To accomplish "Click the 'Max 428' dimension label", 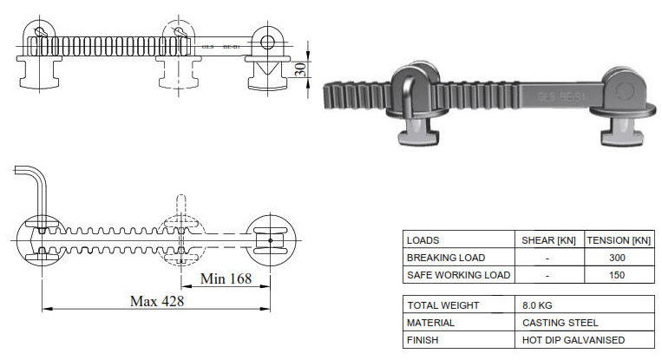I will [x=157, y=300].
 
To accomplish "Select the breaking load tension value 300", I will [x=619, y=258].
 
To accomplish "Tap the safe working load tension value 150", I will [x=619, y=275].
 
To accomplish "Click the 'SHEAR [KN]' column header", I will [x=547, y=240].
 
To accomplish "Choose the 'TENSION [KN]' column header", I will [x=619, y=240].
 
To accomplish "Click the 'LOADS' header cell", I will [x=423, y=240].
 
